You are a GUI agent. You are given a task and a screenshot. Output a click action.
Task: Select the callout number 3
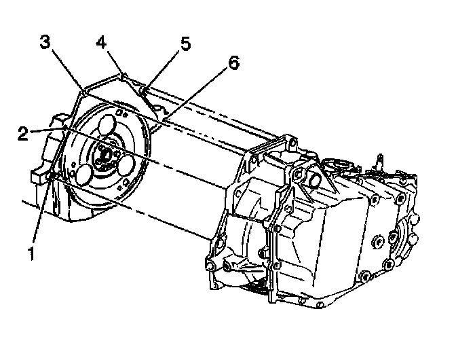point(45,42)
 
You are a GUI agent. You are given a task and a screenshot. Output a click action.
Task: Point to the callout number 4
point(101,42)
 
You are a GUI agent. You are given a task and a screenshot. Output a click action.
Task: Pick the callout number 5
point(185,44)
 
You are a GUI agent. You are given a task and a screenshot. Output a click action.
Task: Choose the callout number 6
point(233,63)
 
